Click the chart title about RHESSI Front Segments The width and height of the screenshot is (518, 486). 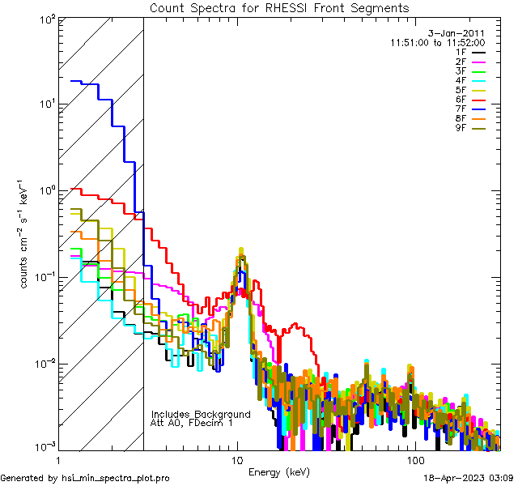[x=279, y=8]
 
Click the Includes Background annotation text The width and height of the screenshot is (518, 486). [x=201, y=414]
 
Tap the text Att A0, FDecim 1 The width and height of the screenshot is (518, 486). [x=191, y=423]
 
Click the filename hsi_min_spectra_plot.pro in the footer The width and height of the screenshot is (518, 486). [x=117, y=479]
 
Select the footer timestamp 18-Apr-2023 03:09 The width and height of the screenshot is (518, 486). [x=469, y=479]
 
